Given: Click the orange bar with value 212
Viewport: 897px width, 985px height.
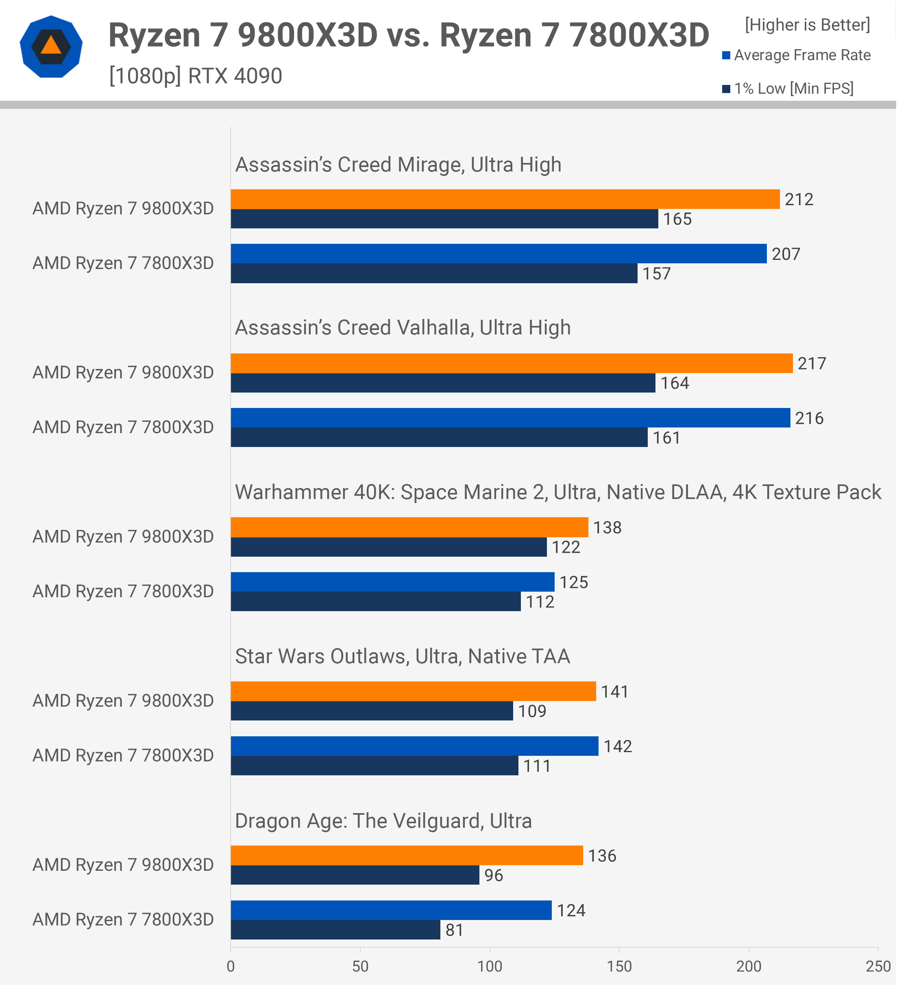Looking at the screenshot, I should [505, 200].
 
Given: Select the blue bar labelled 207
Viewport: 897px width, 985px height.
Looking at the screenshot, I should [499, 254].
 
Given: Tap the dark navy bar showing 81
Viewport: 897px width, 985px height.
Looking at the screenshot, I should [335, 930].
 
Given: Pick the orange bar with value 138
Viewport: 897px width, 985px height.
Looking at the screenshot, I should [409, 527].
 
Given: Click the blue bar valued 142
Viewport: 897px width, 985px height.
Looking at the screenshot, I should [414, 746].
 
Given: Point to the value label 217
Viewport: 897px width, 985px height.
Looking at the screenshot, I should [812, 364].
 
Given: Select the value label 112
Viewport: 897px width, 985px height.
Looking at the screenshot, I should [540, 601].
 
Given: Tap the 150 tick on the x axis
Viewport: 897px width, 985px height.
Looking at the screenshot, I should [619, 966].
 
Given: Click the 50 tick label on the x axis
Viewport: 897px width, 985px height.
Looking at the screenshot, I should [360, 966].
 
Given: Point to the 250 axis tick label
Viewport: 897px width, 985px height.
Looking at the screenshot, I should [878, 966].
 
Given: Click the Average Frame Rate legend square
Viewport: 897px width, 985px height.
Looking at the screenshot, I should [726, 55].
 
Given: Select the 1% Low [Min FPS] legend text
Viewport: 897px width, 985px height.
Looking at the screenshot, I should [794, 89].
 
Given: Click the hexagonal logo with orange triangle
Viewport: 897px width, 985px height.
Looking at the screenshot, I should [51, 47].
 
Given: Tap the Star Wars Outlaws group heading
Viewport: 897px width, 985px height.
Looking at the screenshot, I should [402, 656].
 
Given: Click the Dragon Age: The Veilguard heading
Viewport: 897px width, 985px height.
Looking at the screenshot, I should [383, 821].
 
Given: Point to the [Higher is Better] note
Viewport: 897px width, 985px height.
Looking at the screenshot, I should [808, 25].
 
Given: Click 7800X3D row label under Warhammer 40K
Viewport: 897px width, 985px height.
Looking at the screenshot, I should [123, 591].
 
